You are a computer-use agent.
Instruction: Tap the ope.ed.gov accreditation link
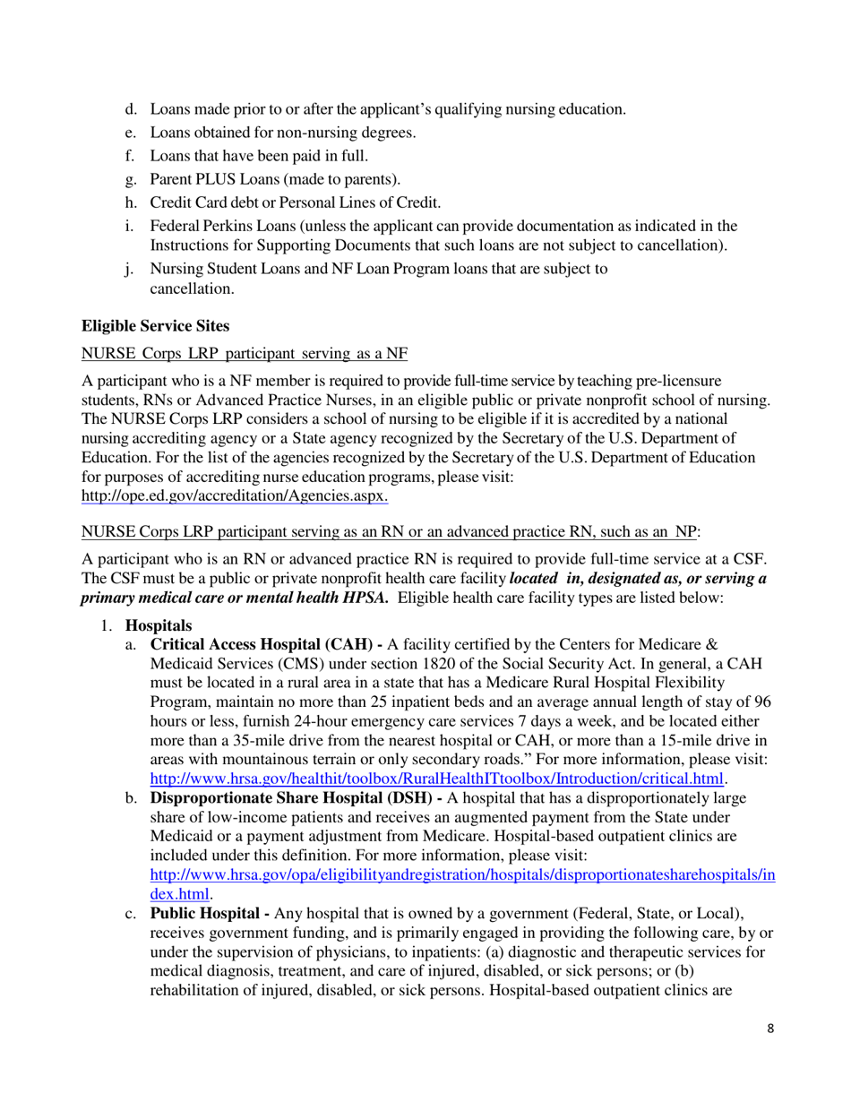[235, 495]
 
